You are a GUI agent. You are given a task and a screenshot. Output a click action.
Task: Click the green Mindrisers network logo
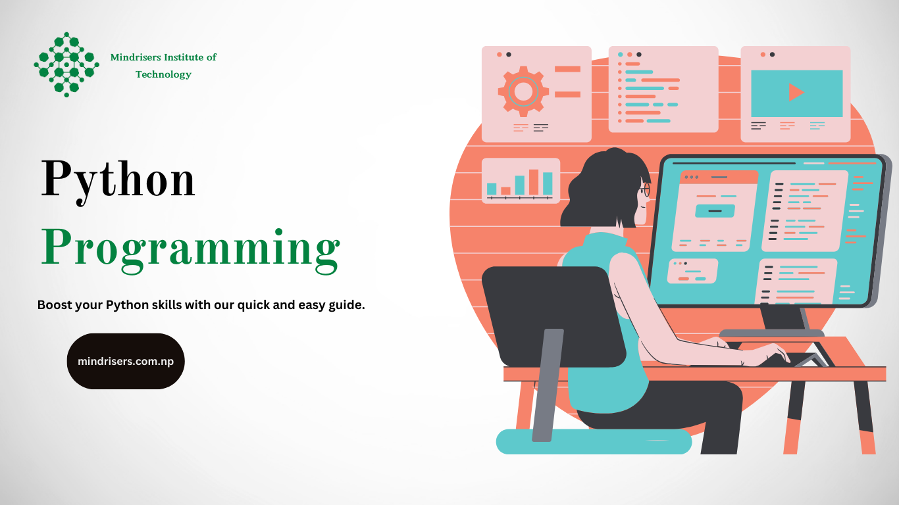pyautogui.click(x=66, y=64)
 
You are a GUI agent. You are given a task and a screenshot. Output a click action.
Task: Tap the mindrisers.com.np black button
pyautogui.click(x=126, y=361)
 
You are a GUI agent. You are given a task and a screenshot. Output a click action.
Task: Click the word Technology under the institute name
pyautogui.click(x=163, y=74)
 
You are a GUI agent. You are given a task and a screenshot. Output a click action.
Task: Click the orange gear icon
pyautogui.click(x=523, y=91)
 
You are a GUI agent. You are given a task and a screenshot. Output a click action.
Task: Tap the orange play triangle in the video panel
pyautogui.click(x=796, y=92)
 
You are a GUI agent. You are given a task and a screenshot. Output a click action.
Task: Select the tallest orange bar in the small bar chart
pyautogui.click(x=533, y=182)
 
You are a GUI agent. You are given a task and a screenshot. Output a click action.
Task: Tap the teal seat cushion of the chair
pyautogui.click(x=594, y=441)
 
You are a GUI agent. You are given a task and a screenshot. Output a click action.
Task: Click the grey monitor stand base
pyautogui.click(x=771, y=333)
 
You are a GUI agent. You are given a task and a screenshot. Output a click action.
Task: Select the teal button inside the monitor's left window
pyautogui.click(x=715, y=210)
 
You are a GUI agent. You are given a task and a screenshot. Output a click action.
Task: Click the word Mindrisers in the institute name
pyautogui.click(x=136, y=57)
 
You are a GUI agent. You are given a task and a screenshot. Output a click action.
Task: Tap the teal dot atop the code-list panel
pyautogui.click(x=621, y=55)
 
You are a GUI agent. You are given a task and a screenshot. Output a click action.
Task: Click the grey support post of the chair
pyautogui.click(x=548, y=385)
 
